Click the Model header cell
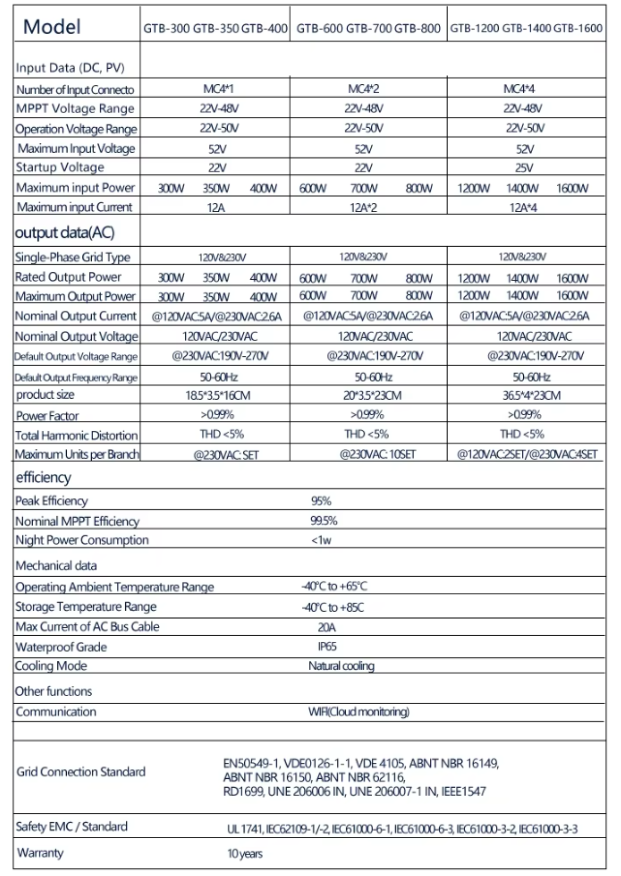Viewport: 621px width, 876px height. (x=52, y=27)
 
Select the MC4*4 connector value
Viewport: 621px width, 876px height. (x=519, y=89)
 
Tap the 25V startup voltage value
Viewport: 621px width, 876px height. (x=524, y=168)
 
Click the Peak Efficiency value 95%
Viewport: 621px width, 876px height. (x=321, y=501)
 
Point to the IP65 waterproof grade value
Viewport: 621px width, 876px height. (x=327, y=646)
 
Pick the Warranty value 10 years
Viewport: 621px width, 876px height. (x=245, y=853)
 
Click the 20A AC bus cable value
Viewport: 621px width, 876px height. (x=327, y=627)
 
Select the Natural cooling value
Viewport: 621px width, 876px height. (x=341, y=666)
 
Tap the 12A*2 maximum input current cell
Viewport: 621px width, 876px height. (x=363, y=208)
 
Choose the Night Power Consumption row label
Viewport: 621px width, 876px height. (x=82, y=540)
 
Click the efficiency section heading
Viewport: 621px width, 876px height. (x=43, y=477)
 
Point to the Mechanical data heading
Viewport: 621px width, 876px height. (x=56, y=566)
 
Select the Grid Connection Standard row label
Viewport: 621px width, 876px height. (x=81, y=772)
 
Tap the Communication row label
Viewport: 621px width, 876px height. (x=56, y=712)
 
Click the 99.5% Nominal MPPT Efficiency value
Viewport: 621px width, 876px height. (x=323, y=521)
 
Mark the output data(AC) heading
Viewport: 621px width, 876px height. (x=65, y=233)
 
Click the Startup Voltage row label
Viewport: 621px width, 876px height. (x=60, y=168)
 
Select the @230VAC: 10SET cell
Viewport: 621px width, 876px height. (x=377, y=455)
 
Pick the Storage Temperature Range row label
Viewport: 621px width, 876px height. (x=85, y=607)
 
